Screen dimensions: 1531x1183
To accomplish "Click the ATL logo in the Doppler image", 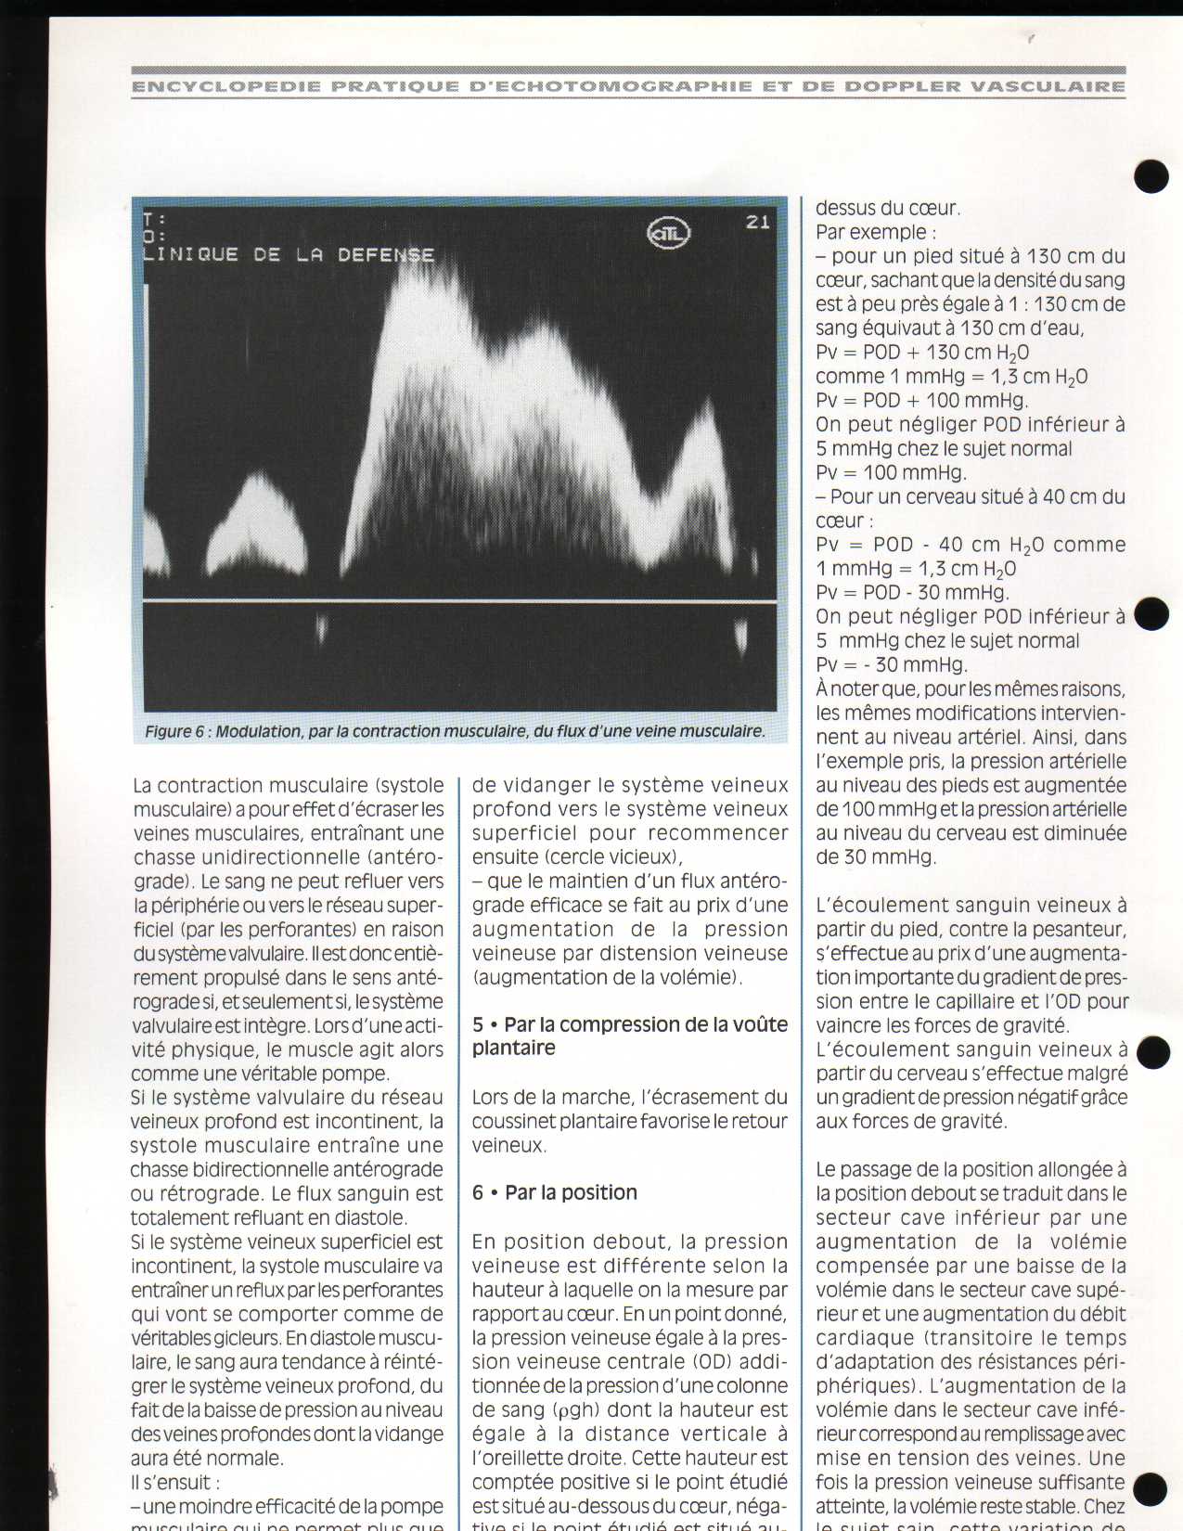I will (x=668, y=234).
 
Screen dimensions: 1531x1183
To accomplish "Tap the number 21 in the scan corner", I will (x=758, y=222).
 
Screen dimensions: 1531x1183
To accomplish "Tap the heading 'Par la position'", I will (x=571, y=1192).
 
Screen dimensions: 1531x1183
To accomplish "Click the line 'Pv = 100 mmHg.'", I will (x=891, y=472).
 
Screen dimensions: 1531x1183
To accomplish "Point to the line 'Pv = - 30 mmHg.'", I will (x=892, y=664).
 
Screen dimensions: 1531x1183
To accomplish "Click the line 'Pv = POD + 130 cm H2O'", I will (x=922, y=353).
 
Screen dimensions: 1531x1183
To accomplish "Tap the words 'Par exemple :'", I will (x=875, y=232).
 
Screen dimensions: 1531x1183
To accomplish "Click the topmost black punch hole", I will (x=1151, y=175).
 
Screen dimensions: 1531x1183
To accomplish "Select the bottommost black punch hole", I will (x=1151, y=1489).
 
